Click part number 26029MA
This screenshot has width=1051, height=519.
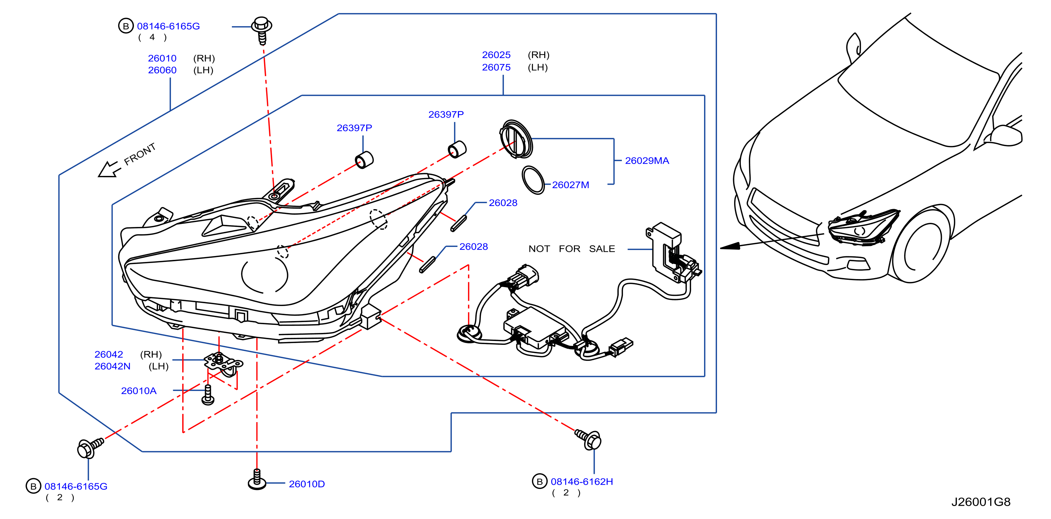click(x=647, y=161)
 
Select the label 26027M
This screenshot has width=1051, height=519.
click(x=570, y=185)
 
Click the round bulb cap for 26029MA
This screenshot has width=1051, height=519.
click(x=516, y=139)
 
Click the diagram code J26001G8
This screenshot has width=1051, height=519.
click(x=981, y=502)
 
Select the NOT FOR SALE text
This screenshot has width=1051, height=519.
click(x=571, y=249)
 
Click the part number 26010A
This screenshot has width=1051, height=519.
click(x=139, y=391)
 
